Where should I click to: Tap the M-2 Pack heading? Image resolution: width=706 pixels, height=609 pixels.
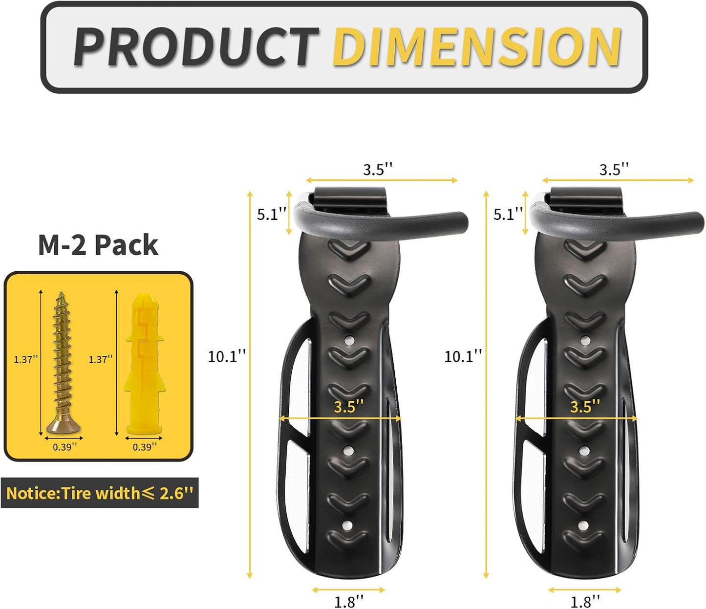98,245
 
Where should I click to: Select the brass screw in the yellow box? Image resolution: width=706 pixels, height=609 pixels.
62,362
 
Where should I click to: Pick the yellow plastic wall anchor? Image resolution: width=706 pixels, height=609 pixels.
143,364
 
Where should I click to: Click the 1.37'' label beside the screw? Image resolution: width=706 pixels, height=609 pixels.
25,360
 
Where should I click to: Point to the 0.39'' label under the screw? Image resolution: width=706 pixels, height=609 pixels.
65,447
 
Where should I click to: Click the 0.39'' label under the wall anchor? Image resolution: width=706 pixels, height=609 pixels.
145,447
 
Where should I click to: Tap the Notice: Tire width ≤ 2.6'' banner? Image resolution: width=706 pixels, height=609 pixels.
100,493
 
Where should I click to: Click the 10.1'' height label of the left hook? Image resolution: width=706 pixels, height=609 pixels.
227,357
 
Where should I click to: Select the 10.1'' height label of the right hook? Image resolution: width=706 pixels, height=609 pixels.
463,357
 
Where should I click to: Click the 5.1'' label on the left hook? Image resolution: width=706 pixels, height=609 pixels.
272,214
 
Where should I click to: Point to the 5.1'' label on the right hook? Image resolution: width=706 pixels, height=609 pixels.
508,214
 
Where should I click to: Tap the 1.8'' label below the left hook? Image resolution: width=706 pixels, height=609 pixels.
349,601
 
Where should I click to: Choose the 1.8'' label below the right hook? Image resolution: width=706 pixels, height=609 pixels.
585,601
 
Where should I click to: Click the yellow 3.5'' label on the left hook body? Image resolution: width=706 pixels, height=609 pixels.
349,407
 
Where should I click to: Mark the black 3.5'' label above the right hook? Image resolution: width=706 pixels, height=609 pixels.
614,170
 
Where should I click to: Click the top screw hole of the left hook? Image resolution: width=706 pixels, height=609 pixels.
348,340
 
